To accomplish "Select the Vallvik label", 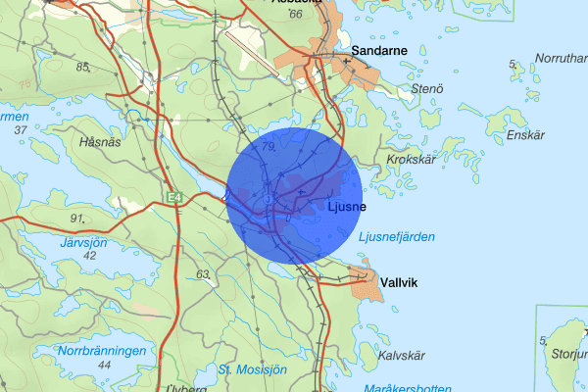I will [x=397, y=282].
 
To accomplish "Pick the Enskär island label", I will [x=525, y=134].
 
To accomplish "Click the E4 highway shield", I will [x=174, y=199].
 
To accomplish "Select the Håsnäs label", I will [x=100, y=141].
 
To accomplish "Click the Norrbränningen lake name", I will [x=102, y=350].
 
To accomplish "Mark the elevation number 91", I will [x=76, y=218].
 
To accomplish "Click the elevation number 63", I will [x=203, y=273].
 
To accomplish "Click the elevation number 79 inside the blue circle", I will [x=269, y=147].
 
